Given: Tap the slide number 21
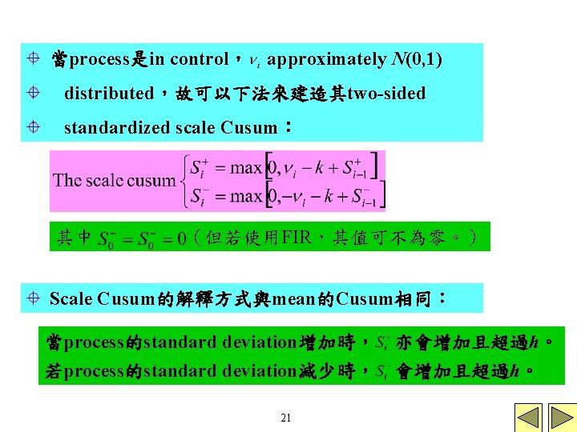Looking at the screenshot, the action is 286,418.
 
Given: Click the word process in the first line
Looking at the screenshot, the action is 100,59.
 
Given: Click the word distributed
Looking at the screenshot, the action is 109,94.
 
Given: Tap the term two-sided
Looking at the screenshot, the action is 386,94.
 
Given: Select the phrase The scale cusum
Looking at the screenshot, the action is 115,180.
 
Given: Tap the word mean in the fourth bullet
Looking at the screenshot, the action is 293,299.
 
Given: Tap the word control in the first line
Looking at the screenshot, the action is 200,59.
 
